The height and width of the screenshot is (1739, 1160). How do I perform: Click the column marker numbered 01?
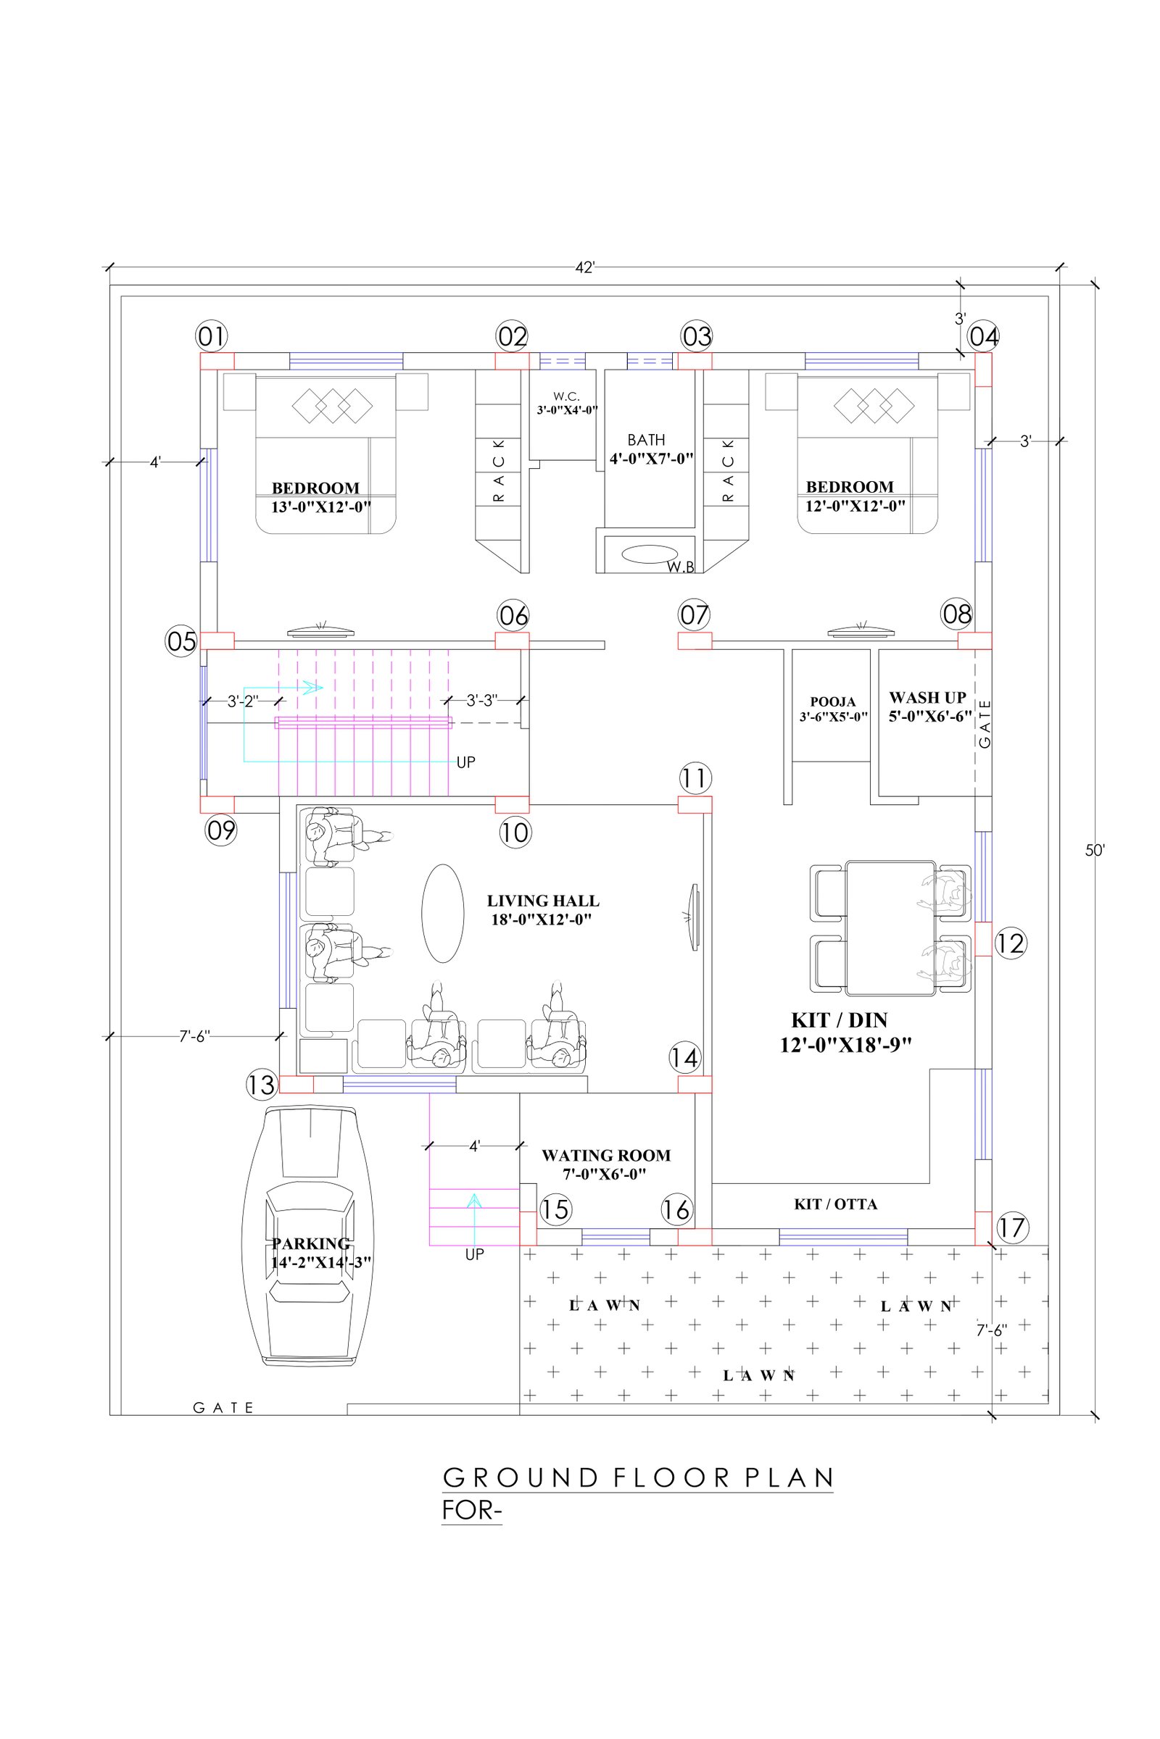click(x=212, y=337)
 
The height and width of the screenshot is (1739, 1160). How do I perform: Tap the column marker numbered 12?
click(x=1011, y=943)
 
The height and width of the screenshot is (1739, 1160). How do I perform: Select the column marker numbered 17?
click(x=1011, y=1228)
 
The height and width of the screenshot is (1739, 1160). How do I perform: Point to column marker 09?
click(x=220, y=831)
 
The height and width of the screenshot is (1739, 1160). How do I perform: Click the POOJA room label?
click(x=833, y=709)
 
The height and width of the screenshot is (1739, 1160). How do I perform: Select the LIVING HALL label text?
click(x=542, y=910)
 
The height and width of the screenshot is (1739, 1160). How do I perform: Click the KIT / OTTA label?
click(x=836, y=1204)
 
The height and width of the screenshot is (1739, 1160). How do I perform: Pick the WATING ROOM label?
click(x=606, y=1164)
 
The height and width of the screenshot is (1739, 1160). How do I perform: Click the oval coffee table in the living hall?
click(x=442, y=913)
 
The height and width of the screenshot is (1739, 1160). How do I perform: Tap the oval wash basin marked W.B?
click(x=650, y=553)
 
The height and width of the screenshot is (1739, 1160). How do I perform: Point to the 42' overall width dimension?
click(x=585, y=267)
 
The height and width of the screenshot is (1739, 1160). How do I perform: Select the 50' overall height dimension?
click(x=1094, y=851)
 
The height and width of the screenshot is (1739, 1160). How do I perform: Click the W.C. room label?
click(x=567, y=403)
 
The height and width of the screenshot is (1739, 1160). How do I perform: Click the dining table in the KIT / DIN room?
click(x=891, y=928)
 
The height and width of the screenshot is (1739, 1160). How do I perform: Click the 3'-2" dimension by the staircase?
click(x=242, y=701)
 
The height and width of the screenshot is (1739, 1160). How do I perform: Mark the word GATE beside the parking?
click(x=223, y=1408)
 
